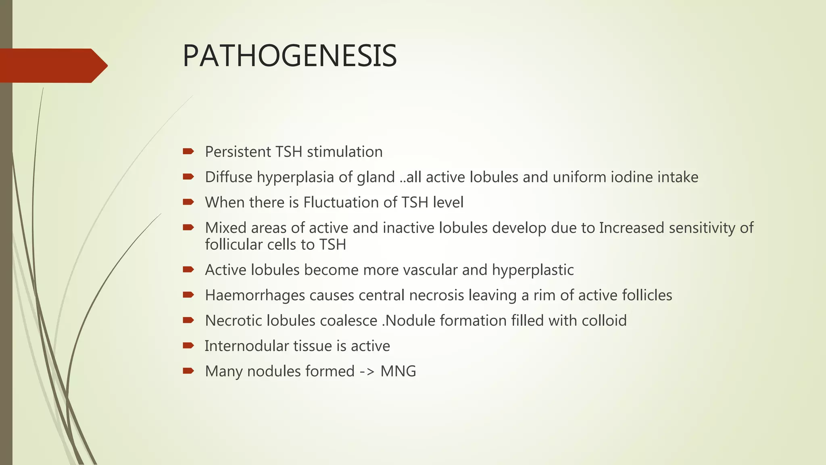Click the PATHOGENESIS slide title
[290, 56]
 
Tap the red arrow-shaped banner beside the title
[52, 65]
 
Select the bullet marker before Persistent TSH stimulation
[188, 151]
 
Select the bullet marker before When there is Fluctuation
[188, 202]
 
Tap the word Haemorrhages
[255, 295]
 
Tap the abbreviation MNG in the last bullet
[398, 371]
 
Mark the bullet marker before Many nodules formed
[188, 371]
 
